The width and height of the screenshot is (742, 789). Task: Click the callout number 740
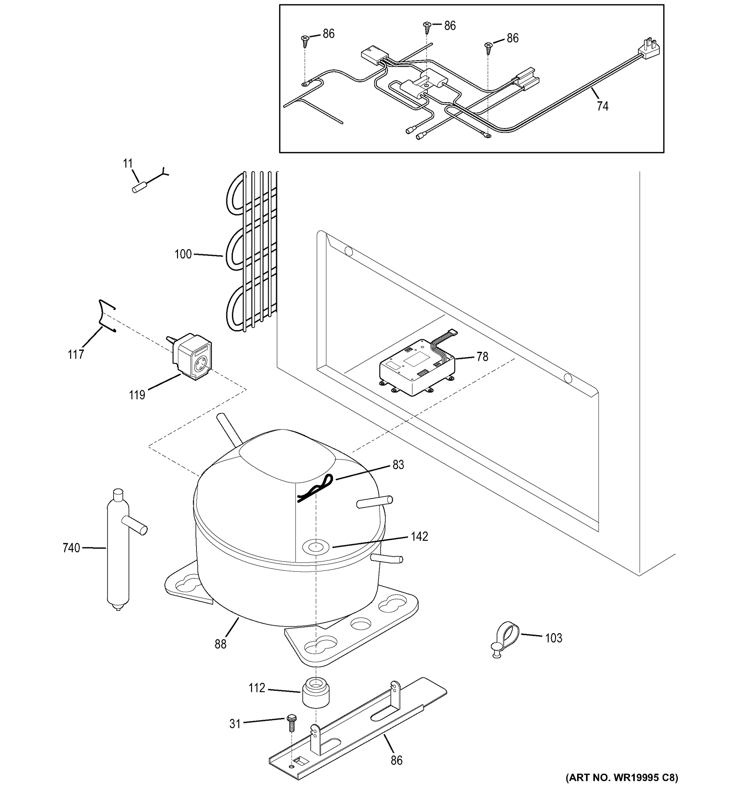pyautogui.click(x=71, y=548)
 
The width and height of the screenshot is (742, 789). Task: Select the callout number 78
pyautogui.click(x=482, y=357)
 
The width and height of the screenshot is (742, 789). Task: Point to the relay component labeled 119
pyautogui.click(x=193, y=356)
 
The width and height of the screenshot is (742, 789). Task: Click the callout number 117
pyautogui.click(x=75, y=354)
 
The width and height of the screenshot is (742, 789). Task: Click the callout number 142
pyautogui.click(x=419, y=537)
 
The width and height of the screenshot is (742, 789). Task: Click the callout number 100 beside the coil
pyautogui.click(x=183, y=254)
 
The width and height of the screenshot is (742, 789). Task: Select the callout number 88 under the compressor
pyautogui.click(x=220, y=644)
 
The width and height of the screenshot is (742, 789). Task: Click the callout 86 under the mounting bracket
pyautogui.click(x=397, y=760)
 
